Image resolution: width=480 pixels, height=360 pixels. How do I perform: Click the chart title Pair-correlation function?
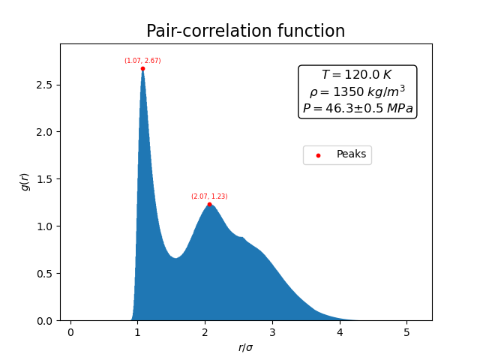coord(245,31)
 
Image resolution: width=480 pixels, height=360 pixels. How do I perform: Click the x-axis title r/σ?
coord(245,347)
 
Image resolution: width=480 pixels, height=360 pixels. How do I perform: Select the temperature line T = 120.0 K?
coord(357,75)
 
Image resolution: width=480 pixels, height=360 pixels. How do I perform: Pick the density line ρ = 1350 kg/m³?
coord(357,91)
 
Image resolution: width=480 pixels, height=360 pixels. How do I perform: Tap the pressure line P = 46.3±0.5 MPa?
coord(357,109)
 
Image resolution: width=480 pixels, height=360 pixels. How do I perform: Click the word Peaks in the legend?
coord(351,154)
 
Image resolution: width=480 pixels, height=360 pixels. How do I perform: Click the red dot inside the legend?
coord(318,155)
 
